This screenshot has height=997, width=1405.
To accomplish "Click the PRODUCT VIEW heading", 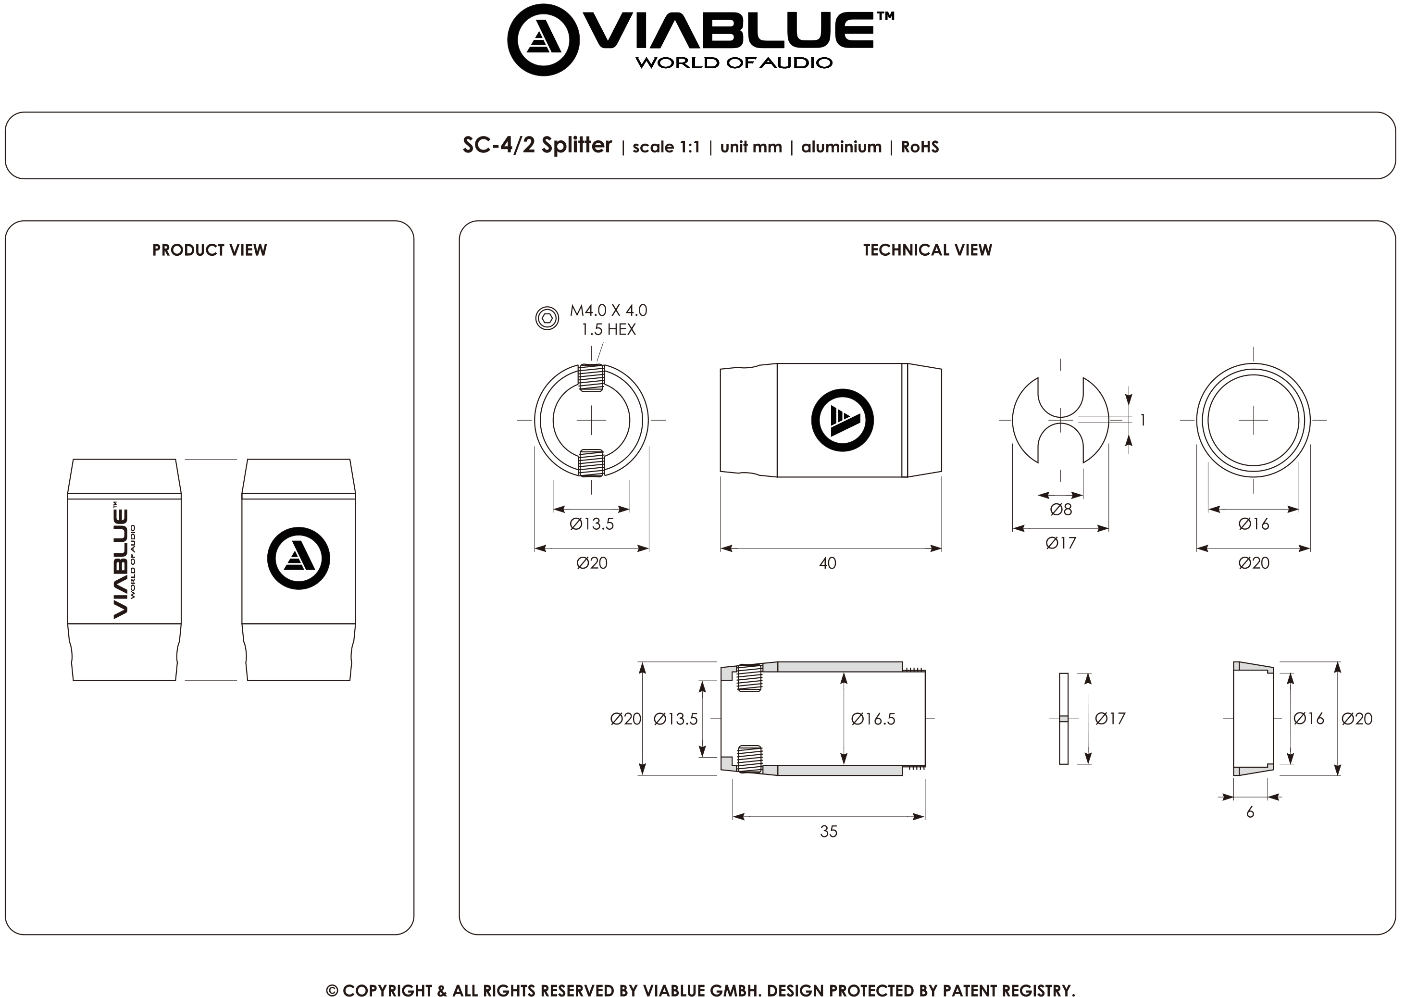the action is coord(209,250).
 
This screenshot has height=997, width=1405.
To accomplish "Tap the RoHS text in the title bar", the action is coord(920,147).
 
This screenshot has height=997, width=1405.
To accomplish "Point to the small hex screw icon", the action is coord(547,318).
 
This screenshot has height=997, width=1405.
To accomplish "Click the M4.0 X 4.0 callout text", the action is coord(608,311).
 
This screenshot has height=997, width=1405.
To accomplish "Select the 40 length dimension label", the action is coord(827,563).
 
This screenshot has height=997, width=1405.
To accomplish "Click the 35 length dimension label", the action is coord(829,831).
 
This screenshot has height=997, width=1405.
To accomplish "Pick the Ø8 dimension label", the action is coord(1061,509).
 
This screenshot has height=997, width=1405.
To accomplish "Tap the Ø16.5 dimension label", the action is coord(873,719).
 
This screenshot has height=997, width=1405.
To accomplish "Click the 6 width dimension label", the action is coord(1250,812).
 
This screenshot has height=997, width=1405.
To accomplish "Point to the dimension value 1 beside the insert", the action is coord(1142,420).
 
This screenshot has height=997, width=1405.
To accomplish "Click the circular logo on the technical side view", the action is coord(842,420).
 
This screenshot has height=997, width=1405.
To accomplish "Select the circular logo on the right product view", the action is coord(298,558).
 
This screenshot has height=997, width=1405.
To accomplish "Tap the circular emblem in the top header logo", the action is coord(543,40).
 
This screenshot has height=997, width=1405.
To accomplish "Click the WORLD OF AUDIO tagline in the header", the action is coord(734,62).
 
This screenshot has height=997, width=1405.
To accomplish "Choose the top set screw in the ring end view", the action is coord(591,377).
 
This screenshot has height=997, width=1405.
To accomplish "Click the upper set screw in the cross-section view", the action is coord(749,678).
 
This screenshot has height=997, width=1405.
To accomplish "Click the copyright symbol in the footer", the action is coord(332,990).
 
